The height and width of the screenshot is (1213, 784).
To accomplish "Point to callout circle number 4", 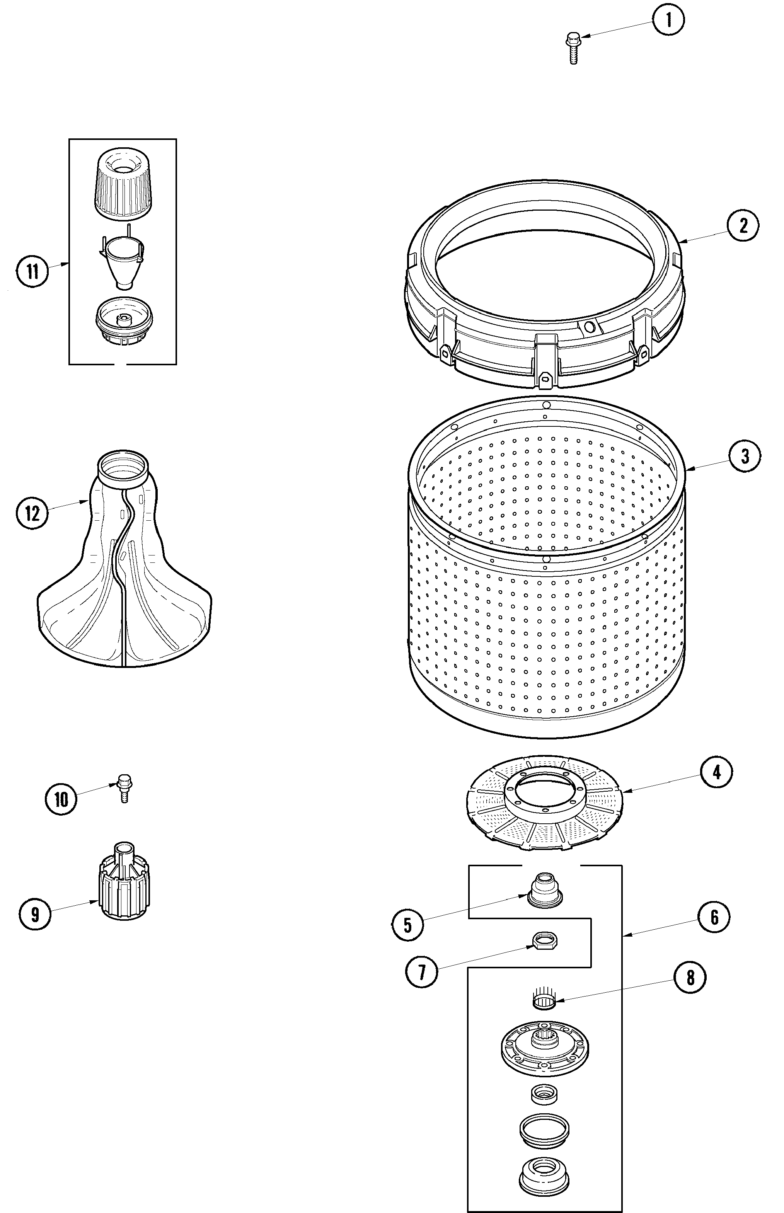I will pyautogui.click(x=716, y=772).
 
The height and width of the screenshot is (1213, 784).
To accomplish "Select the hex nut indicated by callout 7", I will pyautogui.click(x=544, y=940).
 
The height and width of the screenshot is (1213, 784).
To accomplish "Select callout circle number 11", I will pyautogui.click(x=32, y=271).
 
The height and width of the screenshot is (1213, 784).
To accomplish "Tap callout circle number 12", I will pyautogui.click(x=32, y=513).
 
